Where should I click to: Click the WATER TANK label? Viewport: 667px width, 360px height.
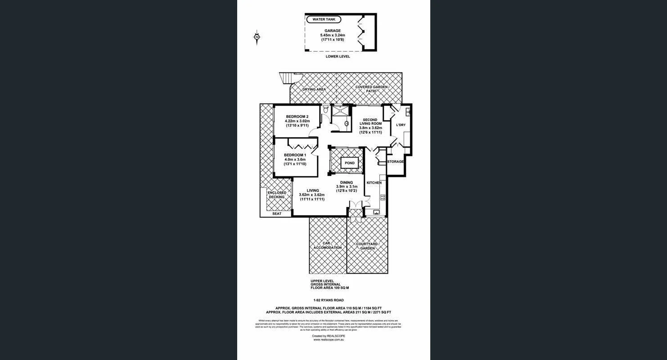[x=323, y=20]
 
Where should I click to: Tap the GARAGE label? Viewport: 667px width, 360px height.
[x=333, y=31]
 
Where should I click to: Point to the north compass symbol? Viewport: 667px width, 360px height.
[x=257, y=37]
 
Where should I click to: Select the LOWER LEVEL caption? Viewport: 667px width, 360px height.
[x=338, y=57]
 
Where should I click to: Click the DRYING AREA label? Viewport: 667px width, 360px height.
[x=314, y=90]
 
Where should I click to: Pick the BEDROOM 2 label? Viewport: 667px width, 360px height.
[x=297, y=117]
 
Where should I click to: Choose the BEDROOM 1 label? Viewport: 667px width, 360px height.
[x=295, y=155]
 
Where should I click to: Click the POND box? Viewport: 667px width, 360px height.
[x=350, y=163]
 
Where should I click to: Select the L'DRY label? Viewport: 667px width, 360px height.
[x=401, y=125]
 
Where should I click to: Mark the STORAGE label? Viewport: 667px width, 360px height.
[x=395, y=162]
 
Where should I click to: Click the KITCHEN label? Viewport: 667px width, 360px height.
[x=374, y=183]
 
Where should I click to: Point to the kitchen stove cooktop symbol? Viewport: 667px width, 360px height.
[x=383, y=197]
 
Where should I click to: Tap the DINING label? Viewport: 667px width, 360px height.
[x=347, y=183]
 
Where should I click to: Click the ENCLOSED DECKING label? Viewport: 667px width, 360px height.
[x=277, y=195]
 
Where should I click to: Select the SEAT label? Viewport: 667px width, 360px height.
[x=277, y=214]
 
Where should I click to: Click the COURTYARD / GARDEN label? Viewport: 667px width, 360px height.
[x=367, y=246]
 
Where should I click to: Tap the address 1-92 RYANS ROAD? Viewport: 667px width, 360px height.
[x=329, y=300]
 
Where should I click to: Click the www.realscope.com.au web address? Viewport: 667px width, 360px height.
[x=329, y=340]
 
